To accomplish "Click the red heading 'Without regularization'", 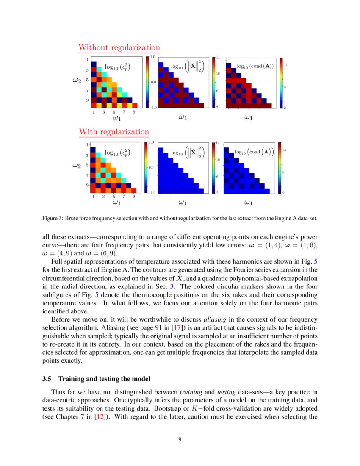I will click(119, 47).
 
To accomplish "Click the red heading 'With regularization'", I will click(114, 132).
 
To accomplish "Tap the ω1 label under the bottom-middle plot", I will click(182, 203).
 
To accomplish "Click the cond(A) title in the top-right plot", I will click(255, 66).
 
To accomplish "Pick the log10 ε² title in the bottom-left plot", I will click(117, 153).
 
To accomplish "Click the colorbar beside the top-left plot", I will click(147, 82).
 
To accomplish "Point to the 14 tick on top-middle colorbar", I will click(218, 57).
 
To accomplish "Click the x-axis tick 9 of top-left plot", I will click(134, 112).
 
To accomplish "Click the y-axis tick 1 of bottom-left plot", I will click(87, 145).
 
